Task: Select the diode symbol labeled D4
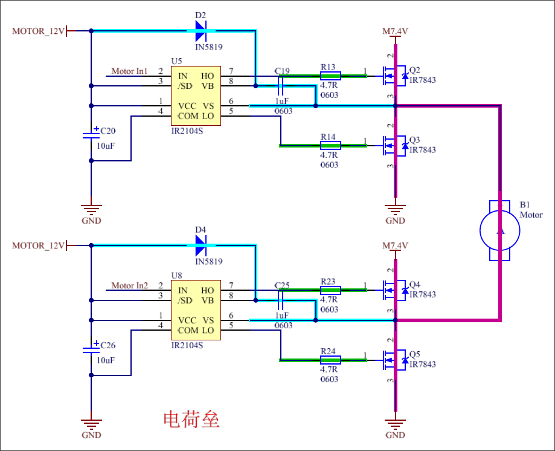(201, 245)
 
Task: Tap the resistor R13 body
(330, 76)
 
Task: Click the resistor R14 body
(330, 145)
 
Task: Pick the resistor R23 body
(330, 290)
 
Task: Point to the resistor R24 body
(330, 360)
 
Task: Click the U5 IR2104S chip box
(195, 96)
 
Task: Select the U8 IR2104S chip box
(195, 310)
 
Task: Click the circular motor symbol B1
(499, 230)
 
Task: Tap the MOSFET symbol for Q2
(393, 76)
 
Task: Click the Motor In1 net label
(129, 71)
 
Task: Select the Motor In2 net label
(129, 285)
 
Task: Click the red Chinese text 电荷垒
(191, 420)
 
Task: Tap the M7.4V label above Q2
(395, 31)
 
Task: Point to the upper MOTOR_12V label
(38, 31)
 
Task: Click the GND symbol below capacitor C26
(91, 423)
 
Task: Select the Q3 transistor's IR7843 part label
(422, 150)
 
